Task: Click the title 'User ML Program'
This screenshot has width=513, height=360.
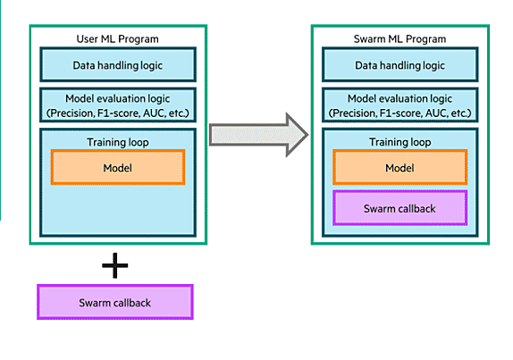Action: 117,39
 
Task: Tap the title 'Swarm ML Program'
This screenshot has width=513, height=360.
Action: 399,39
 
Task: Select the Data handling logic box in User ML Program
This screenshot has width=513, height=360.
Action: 118,64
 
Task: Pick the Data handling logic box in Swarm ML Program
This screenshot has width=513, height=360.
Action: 400,64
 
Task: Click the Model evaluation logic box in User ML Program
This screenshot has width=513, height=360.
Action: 118,105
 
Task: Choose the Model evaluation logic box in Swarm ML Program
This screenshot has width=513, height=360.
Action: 400,105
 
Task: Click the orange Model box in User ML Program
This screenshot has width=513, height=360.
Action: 118,167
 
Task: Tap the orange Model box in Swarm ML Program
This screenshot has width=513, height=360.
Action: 399,167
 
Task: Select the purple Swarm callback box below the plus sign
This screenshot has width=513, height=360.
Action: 115,302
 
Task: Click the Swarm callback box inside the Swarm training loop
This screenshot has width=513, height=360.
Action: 399,208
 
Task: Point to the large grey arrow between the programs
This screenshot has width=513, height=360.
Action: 258,135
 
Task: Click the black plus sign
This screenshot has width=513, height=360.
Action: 114,265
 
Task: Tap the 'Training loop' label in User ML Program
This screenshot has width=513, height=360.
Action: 118,142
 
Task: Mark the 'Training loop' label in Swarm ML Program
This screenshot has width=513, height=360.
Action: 399,142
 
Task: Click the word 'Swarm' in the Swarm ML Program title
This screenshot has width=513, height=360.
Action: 369,39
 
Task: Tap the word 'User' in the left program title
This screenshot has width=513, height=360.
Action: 87,39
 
